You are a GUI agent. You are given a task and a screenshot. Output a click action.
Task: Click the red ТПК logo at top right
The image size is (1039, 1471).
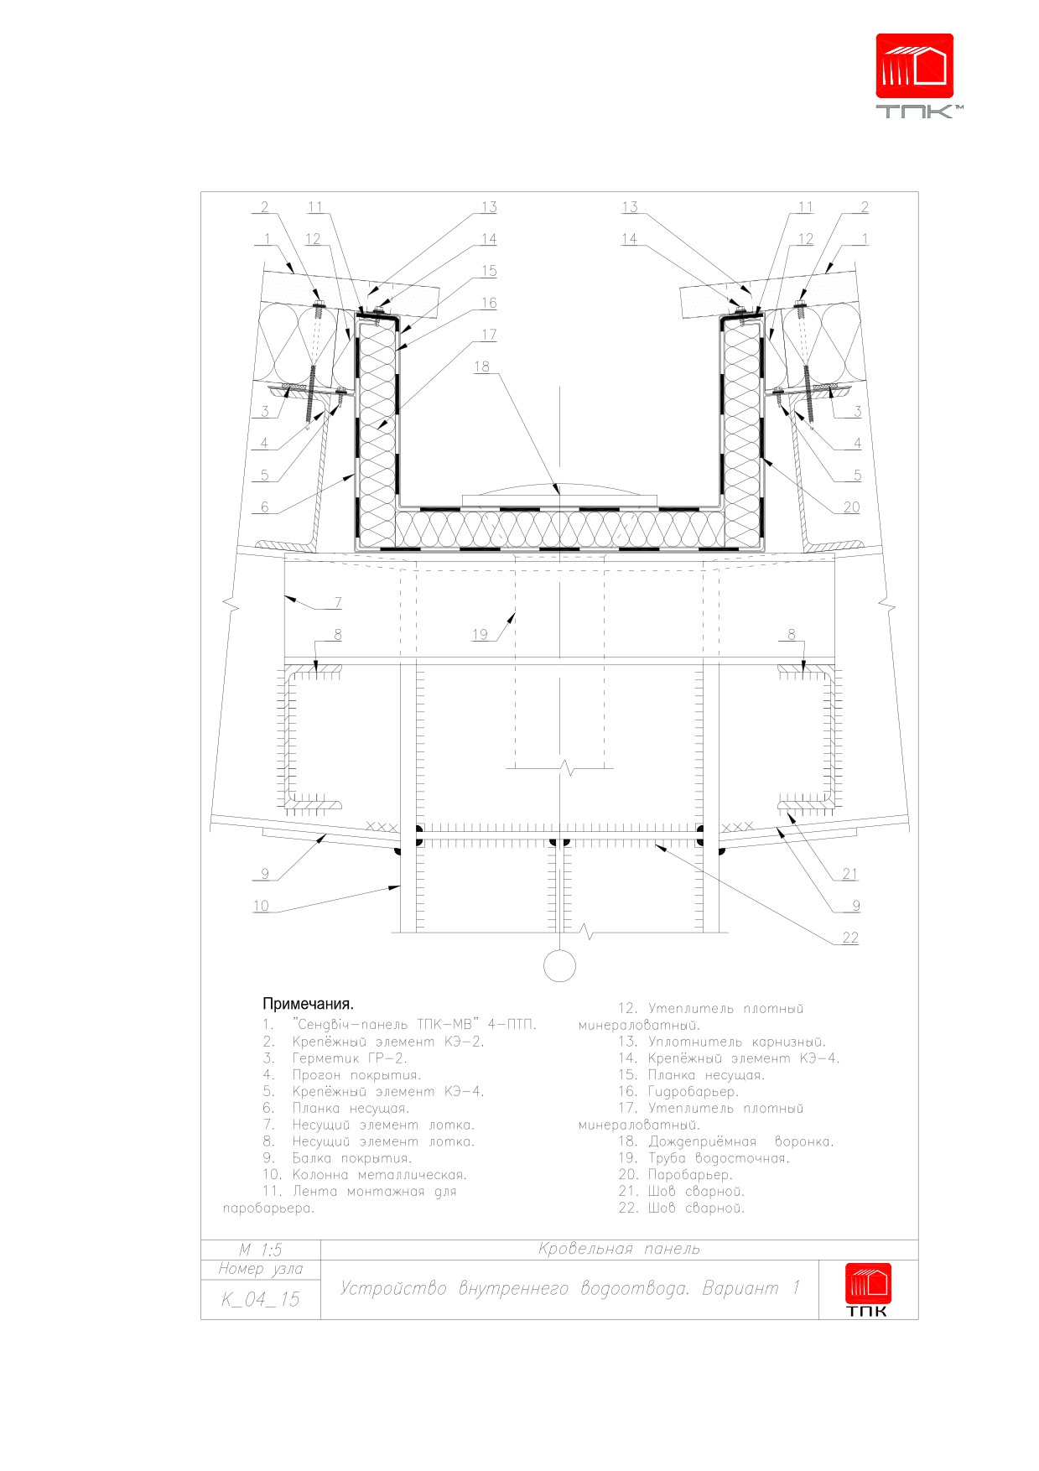917,75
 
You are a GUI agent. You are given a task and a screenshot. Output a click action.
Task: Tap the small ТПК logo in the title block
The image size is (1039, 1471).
868,1290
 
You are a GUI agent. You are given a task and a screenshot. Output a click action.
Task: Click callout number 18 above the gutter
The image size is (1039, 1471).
481,366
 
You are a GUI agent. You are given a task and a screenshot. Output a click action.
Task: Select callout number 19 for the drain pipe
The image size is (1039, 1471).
480,634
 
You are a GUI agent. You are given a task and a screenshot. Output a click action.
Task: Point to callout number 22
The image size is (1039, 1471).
850,938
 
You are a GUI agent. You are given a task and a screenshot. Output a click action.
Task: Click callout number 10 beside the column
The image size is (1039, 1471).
261,906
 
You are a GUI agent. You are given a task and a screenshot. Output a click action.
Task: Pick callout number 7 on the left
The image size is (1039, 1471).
338,602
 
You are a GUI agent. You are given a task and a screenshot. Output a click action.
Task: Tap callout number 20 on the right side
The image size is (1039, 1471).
851,507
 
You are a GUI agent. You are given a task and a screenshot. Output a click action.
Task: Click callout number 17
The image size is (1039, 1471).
489,335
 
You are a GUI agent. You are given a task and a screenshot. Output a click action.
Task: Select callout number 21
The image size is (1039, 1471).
849,874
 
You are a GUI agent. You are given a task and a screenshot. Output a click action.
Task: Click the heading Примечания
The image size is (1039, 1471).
308,1004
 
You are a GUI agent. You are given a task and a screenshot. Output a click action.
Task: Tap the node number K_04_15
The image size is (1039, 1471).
261,1299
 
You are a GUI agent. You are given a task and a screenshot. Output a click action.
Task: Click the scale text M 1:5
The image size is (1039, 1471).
261,1250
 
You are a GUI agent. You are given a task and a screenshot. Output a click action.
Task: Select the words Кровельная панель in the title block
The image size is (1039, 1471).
619,1250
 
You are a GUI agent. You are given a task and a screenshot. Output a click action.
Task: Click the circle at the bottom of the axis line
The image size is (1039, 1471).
559,966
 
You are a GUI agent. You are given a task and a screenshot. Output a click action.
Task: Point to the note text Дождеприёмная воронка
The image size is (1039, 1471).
741,1141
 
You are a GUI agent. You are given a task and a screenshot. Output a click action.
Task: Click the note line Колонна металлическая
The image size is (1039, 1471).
380,1175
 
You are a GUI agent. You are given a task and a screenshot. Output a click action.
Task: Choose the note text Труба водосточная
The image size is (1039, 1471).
719,1158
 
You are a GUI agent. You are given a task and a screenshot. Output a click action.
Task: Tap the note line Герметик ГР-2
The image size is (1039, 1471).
350,1058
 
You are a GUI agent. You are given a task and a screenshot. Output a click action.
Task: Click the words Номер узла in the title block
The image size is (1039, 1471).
261,1270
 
